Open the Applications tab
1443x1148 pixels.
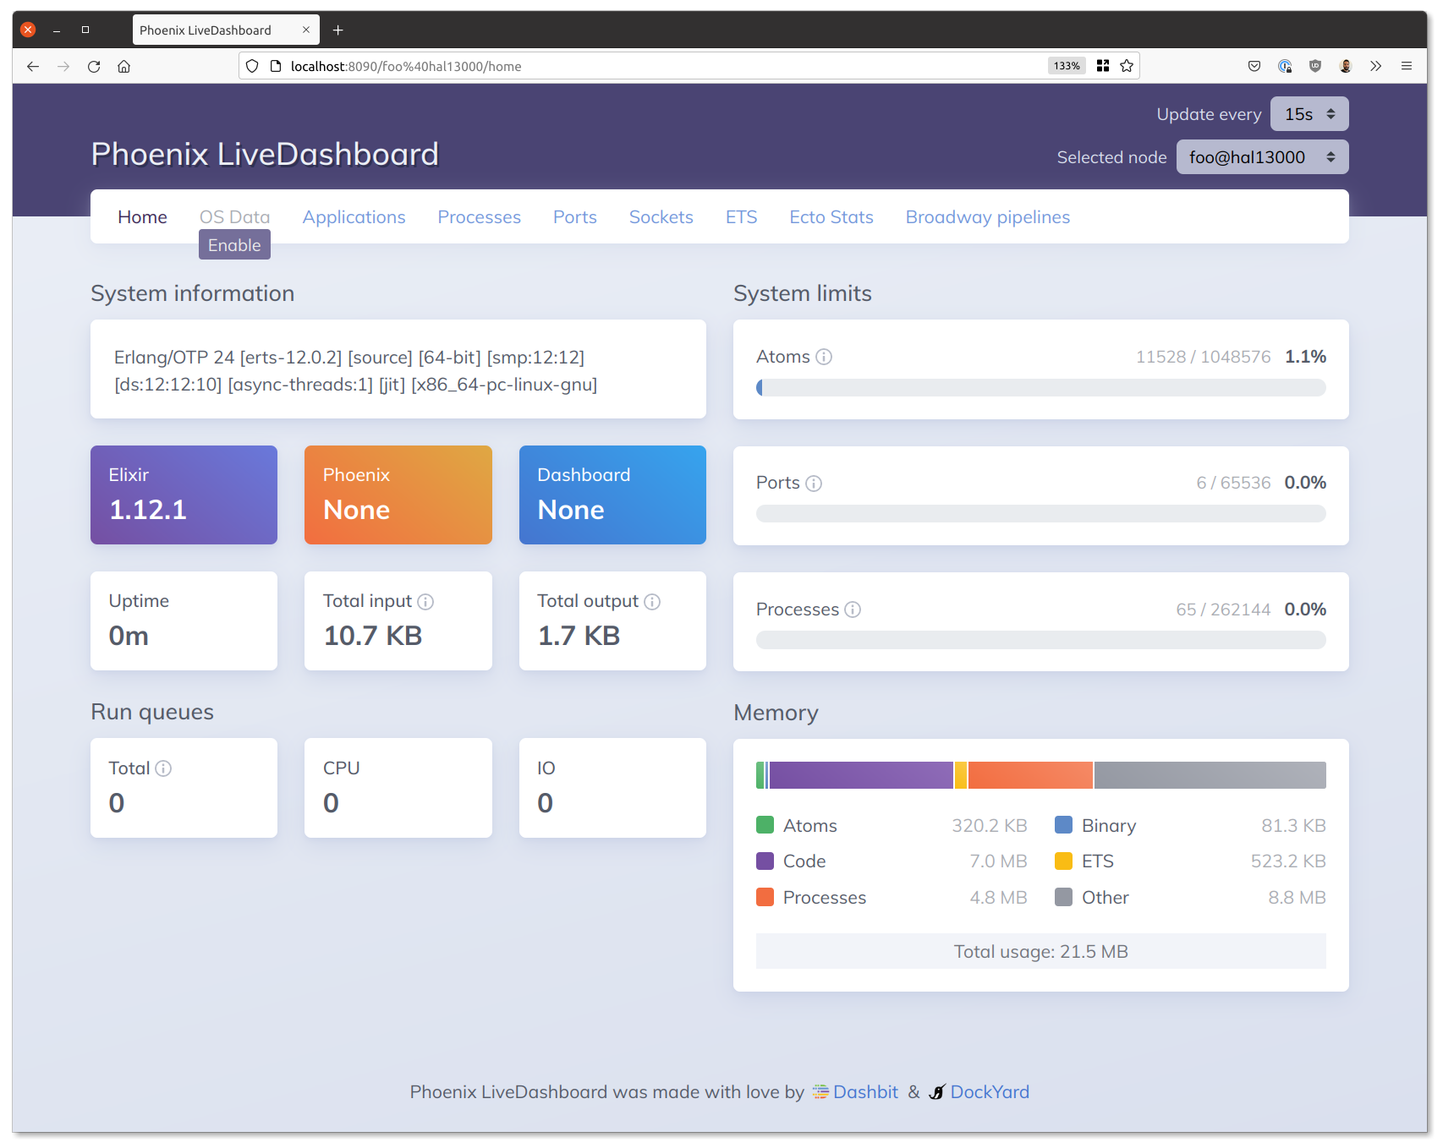click(354, 217)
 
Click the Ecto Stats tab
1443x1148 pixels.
click(831, 217)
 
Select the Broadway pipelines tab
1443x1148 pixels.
click(988, 217)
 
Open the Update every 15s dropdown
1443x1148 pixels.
click(1309, 114)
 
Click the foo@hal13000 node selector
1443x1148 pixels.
click(1262, 157)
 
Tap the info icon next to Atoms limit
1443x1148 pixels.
click(824, 357)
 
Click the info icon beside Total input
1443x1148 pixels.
click(425, 602)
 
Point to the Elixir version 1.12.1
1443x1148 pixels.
click(148, 510)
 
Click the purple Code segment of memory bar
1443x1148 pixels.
click(861, 775)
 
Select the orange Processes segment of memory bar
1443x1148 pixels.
click(1030, 775)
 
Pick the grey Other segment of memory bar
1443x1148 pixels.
click(1210, 775)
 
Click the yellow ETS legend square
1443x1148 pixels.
click(1063, 861)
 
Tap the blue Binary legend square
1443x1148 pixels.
click(1063, 825)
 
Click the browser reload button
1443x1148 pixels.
click(94, 66)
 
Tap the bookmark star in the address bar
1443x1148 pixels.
click(1127, 66)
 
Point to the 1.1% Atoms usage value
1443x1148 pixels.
click(1305, 357)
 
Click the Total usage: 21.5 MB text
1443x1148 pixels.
click(1041, 952)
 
